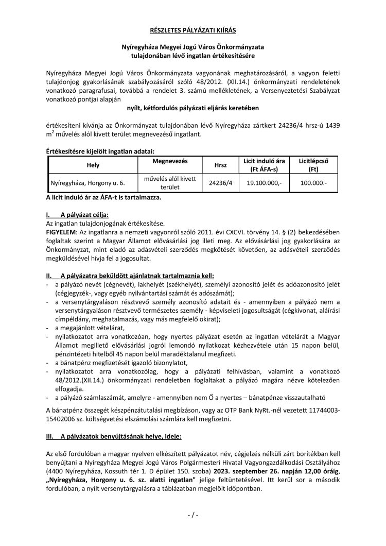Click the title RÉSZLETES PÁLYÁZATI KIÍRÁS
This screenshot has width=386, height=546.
click(x=192, y=31)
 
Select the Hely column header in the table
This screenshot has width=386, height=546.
click(x=93, y=166)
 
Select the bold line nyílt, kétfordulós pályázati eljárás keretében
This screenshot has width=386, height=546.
click(x=192, y=108)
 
